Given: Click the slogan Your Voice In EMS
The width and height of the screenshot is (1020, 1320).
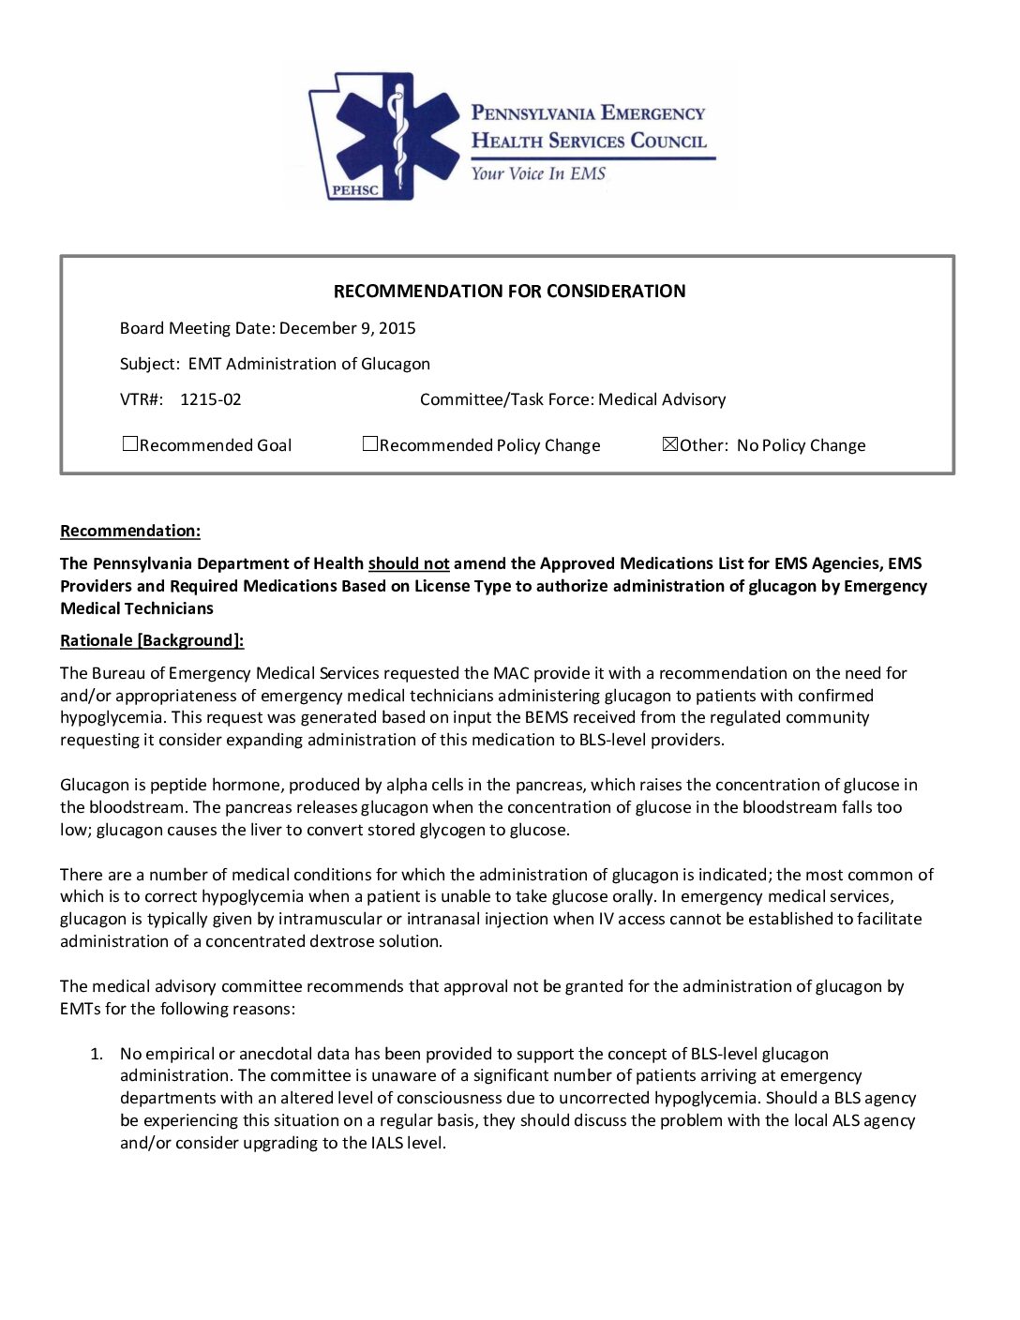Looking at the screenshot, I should [x=538, y=173].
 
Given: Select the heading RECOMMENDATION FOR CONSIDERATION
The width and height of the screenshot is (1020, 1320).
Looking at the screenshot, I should [x=509, y=292].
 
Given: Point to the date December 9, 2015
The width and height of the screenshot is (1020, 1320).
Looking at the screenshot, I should [x=348, y=328].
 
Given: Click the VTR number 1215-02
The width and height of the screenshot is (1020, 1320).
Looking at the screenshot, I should [x=210, y=399].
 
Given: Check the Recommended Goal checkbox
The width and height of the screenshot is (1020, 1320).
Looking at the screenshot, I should [x=130, y=444].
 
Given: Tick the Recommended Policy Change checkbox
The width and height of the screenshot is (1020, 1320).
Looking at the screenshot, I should [x=370, y=444].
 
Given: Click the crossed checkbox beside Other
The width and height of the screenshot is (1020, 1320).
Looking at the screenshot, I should [x=669, y=444].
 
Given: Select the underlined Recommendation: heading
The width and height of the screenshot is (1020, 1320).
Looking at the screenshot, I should [x=130, y=531].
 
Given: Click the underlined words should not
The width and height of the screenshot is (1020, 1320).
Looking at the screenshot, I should [x=409, y=563].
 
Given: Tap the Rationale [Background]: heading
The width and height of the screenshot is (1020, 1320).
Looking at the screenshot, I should [x=152, y=640].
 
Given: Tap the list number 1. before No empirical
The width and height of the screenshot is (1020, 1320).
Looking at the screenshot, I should [x=97, y=1054].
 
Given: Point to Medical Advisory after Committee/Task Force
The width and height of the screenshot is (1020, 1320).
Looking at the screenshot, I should [x=662, y=399].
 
